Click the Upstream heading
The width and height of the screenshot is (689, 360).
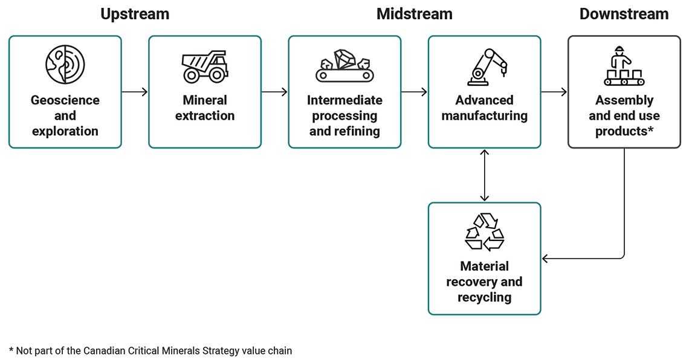(135, 14)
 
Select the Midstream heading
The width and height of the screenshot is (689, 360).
(414, 14)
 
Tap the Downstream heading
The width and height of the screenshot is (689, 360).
(624, 14)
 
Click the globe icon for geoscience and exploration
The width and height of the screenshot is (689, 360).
(65, 65)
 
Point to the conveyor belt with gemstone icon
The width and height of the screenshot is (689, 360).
(344, 65)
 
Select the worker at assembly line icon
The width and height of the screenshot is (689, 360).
(624, 66)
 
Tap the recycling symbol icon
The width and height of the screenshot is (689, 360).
(484, 231)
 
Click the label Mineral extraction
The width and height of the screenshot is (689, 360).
(205, 108)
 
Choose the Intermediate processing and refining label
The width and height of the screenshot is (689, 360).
(344, 115)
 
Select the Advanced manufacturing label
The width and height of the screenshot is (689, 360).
(484, 108)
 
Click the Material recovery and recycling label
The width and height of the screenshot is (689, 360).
(484, 281)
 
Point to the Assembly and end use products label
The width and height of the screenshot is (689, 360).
(624, 115)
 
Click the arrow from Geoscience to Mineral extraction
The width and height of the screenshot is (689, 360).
(135, 92)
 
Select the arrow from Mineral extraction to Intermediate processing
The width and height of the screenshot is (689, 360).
(274, 92)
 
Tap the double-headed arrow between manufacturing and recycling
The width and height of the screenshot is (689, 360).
(484, 175)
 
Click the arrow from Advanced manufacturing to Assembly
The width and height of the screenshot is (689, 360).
(554, 92)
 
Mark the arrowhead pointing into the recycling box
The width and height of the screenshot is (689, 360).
(545, 259)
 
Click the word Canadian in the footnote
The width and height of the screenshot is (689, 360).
(103, 350)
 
